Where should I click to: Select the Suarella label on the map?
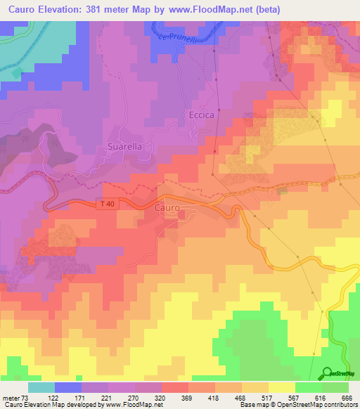pos(124,147)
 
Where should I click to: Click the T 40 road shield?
pos(105,203)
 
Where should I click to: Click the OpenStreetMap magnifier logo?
pos(328,373)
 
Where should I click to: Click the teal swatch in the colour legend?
pos(41,387)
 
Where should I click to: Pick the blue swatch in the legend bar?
pos(68,387)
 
